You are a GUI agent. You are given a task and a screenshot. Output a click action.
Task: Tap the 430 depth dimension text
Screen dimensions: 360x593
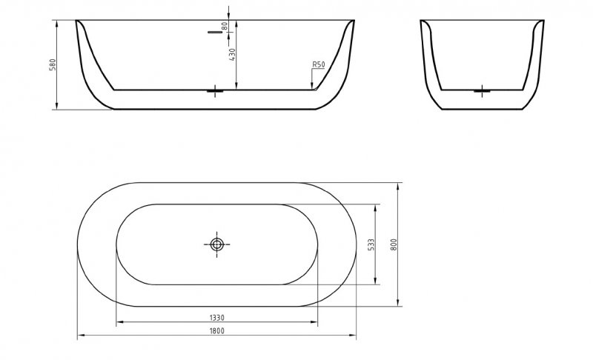point(231,56)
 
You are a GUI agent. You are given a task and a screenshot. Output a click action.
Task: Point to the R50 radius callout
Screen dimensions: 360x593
point(319,65)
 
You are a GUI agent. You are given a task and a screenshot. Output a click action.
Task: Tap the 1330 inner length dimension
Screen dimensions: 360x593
point(216,317)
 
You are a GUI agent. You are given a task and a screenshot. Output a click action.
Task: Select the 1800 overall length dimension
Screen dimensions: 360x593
point(216,331)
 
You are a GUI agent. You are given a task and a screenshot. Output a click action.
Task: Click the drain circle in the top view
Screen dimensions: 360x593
point(216,244)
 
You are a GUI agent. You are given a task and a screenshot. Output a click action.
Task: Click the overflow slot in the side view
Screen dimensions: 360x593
point(216,33)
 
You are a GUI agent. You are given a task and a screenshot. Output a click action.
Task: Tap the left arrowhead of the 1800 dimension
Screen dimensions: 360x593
point(80,337)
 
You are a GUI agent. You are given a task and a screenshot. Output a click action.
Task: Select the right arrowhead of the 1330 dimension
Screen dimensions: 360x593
point(317,323)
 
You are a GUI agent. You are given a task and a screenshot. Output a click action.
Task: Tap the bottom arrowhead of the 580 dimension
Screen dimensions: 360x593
point(58,107)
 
